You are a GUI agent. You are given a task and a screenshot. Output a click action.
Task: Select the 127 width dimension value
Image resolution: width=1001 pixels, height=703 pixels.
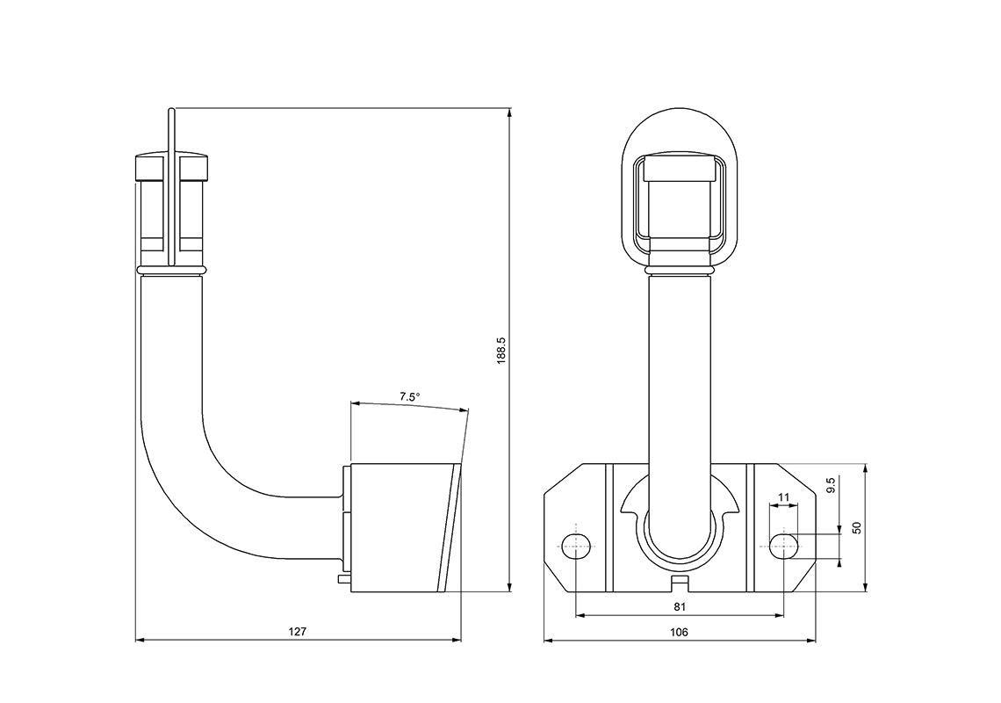[299, 631]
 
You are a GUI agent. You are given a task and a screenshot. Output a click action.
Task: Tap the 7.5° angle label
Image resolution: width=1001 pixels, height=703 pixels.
[409, 397]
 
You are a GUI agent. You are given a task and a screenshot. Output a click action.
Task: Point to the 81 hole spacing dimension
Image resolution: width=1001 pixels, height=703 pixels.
[679, 606]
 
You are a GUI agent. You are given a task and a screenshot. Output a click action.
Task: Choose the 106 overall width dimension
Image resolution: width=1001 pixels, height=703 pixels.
[679, 632]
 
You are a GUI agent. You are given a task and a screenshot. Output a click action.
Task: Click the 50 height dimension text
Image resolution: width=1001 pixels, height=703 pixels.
[857, 528]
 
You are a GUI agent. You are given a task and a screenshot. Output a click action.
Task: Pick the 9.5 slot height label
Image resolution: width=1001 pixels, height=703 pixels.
[831, 485]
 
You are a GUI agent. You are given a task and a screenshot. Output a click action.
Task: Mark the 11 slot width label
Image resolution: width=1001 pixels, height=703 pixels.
[783, 497]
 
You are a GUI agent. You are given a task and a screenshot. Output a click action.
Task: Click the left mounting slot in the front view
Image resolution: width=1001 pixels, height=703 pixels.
[575, 546]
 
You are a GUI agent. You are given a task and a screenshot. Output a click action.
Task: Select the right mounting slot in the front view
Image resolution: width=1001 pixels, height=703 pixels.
[783, 546]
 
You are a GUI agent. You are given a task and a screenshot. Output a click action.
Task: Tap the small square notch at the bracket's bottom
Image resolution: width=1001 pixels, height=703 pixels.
[679, 581]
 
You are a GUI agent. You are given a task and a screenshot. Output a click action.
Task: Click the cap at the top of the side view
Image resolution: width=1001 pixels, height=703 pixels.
[172, 167]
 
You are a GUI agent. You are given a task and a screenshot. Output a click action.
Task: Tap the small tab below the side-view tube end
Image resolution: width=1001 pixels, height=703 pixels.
[343, 579]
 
